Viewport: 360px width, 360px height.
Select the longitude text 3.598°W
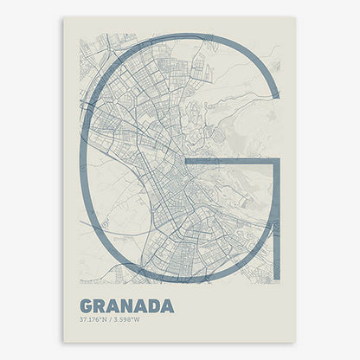pyautogui.click(x=130, y=320)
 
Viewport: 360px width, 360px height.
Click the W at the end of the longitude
pyautogui.click(x=143, y=320)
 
